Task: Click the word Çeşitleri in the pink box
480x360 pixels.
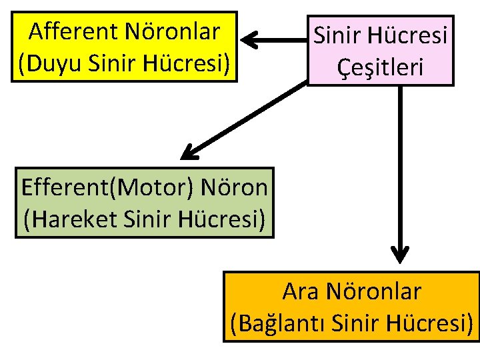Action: click(x=380, y=66)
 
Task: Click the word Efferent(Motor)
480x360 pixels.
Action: click(x=106, y=187)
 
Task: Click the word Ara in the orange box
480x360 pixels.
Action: click(x=299, y=291)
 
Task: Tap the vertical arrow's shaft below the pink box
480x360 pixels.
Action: click(x=400, y=167)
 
